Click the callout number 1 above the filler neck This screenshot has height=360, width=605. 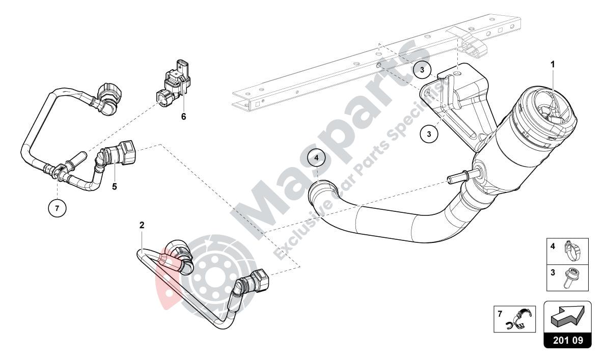tap(553, 65)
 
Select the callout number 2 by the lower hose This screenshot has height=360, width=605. tap(142, 225)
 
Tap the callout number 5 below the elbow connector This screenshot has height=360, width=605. tap(114, 187)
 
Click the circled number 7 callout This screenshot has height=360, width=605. tap(57, 208)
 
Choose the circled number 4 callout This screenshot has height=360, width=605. tap(316, 158)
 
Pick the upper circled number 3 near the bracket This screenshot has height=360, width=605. tap(422, 70)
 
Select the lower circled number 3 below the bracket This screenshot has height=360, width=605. tap(429, 134)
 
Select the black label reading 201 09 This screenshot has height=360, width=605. tap(568, 340)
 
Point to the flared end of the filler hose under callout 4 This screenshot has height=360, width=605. tap(322, 191)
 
